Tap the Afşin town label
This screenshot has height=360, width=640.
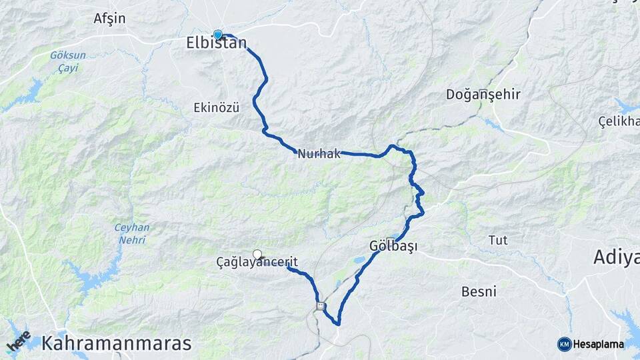[x=109, y=19]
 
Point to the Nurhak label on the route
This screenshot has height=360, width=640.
[x=319, y=154]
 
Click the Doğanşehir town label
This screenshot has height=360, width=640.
[x=483, y=95]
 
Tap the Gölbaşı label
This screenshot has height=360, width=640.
[x=393, y=247]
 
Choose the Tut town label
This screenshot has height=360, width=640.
[x=497, y=240]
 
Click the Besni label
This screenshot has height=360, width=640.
[x=479, y=291]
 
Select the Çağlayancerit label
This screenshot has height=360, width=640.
[x=257, y=263]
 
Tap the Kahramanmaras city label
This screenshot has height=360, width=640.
[x=117, y=344]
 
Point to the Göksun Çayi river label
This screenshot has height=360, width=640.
[x=64, y=61]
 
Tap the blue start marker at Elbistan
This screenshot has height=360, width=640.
[x=218, y=35]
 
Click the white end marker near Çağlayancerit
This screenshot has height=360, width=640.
[x=257, y=253]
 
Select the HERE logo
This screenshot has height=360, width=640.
[x=18, y=341]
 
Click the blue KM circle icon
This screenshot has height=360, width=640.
[x=564, y=344]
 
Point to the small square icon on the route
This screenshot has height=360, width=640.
[x=321, y=307]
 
